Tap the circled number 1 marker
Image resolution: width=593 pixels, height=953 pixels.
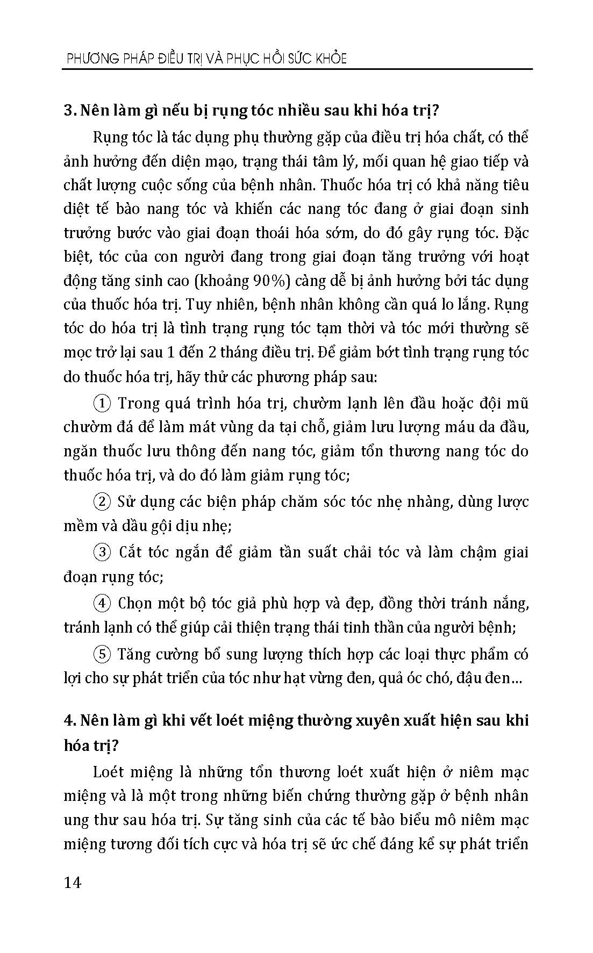102,403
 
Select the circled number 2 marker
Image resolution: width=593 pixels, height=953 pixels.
102,501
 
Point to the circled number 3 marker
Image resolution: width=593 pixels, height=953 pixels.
102,552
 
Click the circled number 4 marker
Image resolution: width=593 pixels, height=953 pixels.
102,603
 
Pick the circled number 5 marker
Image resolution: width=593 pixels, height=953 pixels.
102,654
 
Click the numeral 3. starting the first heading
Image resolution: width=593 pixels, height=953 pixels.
70,111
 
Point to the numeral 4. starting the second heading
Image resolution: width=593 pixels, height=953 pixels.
70,721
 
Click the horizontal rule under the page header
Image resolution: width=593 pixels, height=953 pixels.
298,69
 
